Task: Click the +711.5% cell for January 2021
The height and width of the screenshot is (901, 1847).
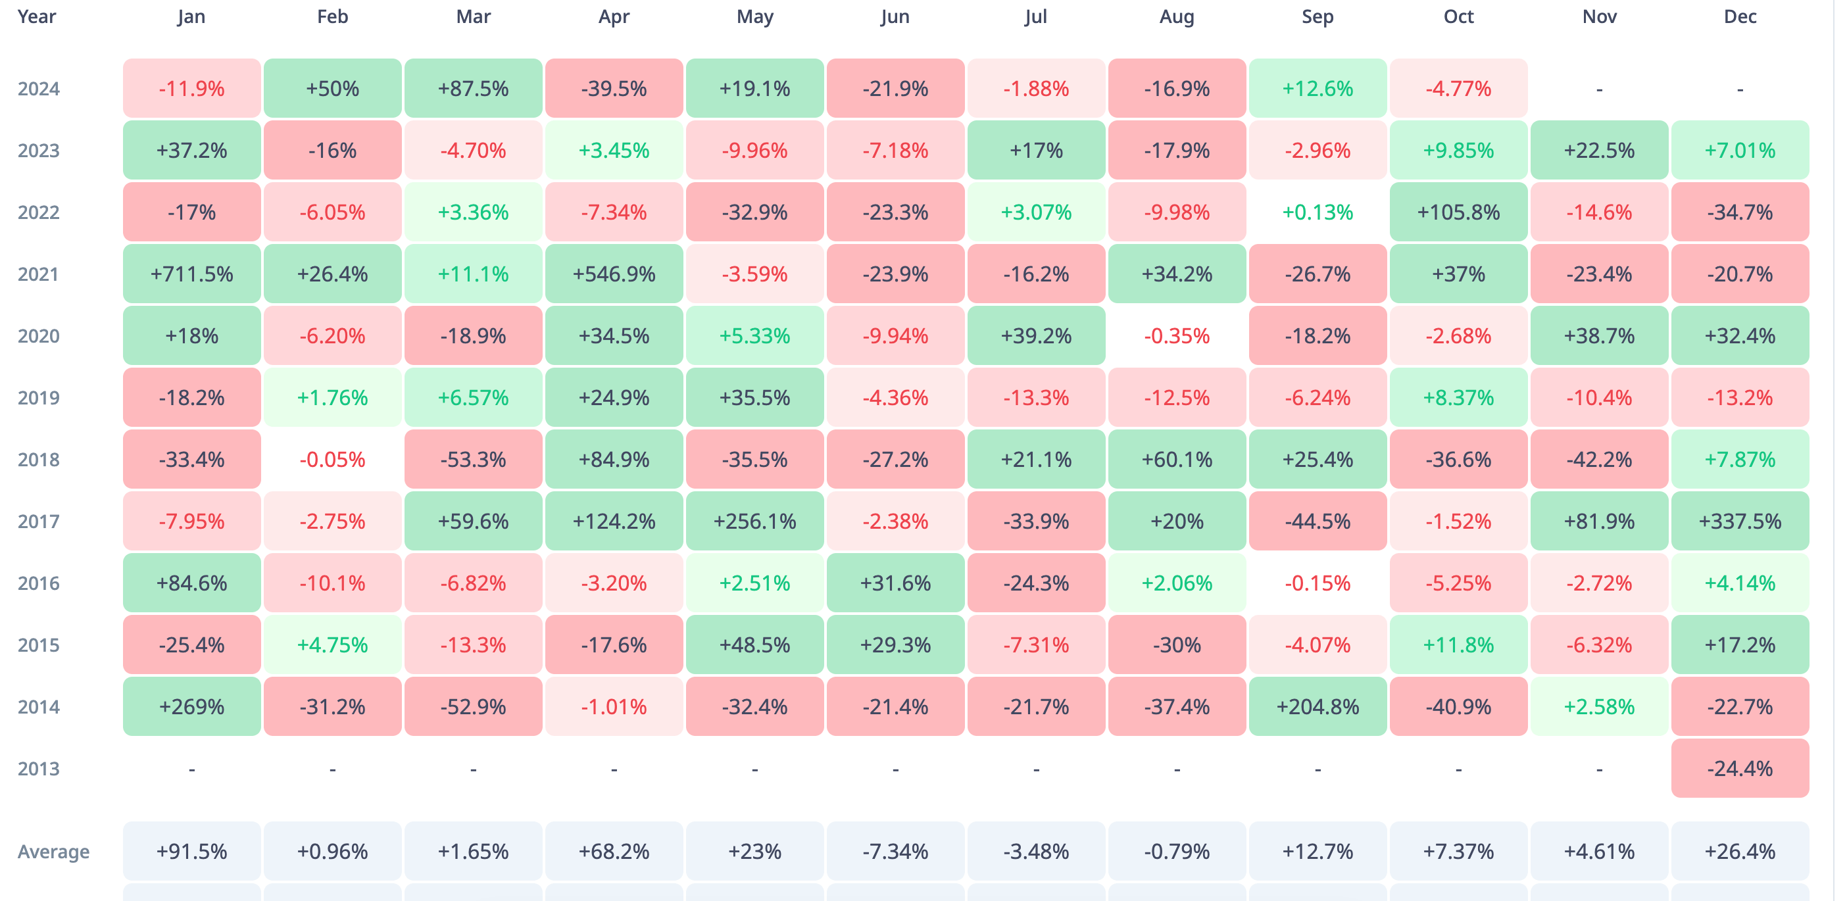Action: (x=191, y=274)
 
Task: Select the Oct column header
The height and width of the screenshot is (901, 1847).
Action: (x=1458, y=16)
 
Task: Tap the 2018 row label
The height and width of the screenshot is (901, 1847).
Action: (x=39, y=460)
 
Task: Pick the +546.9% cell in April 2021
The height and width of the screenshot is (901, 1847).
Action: (x=614, y=274)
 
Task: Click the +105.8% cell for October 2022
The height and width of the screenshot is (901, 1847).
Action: (x=1458, y=212)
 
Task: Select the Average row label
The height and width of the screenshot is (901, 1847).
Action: (x=54, y=852)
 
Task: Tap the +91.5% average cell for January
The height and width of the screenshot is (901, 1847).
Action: (x=191, y=852)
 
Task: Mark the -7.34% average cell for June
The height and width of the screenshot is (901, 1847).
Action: (x=895, y=852)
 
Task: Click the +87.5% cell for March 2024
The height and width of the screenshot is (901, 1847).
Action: (x=473, y=89)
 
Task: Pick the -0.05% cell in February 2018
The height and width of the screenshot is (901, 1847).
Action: (x=332, y=460)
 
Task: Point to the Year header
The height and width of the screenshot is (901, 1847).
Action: (x=37, y=16)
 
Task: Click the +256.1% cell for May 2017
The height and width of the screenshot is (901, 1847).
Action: (x=754, y=521)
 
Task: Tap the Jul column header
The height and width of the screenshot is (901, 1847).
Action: (x=1035, y=16)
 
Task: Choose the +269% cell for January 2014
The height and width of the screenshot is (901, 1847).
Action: (x=191, y=707)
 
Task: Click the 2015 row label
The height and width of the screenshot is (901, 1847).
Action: (x=39, y=645)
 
